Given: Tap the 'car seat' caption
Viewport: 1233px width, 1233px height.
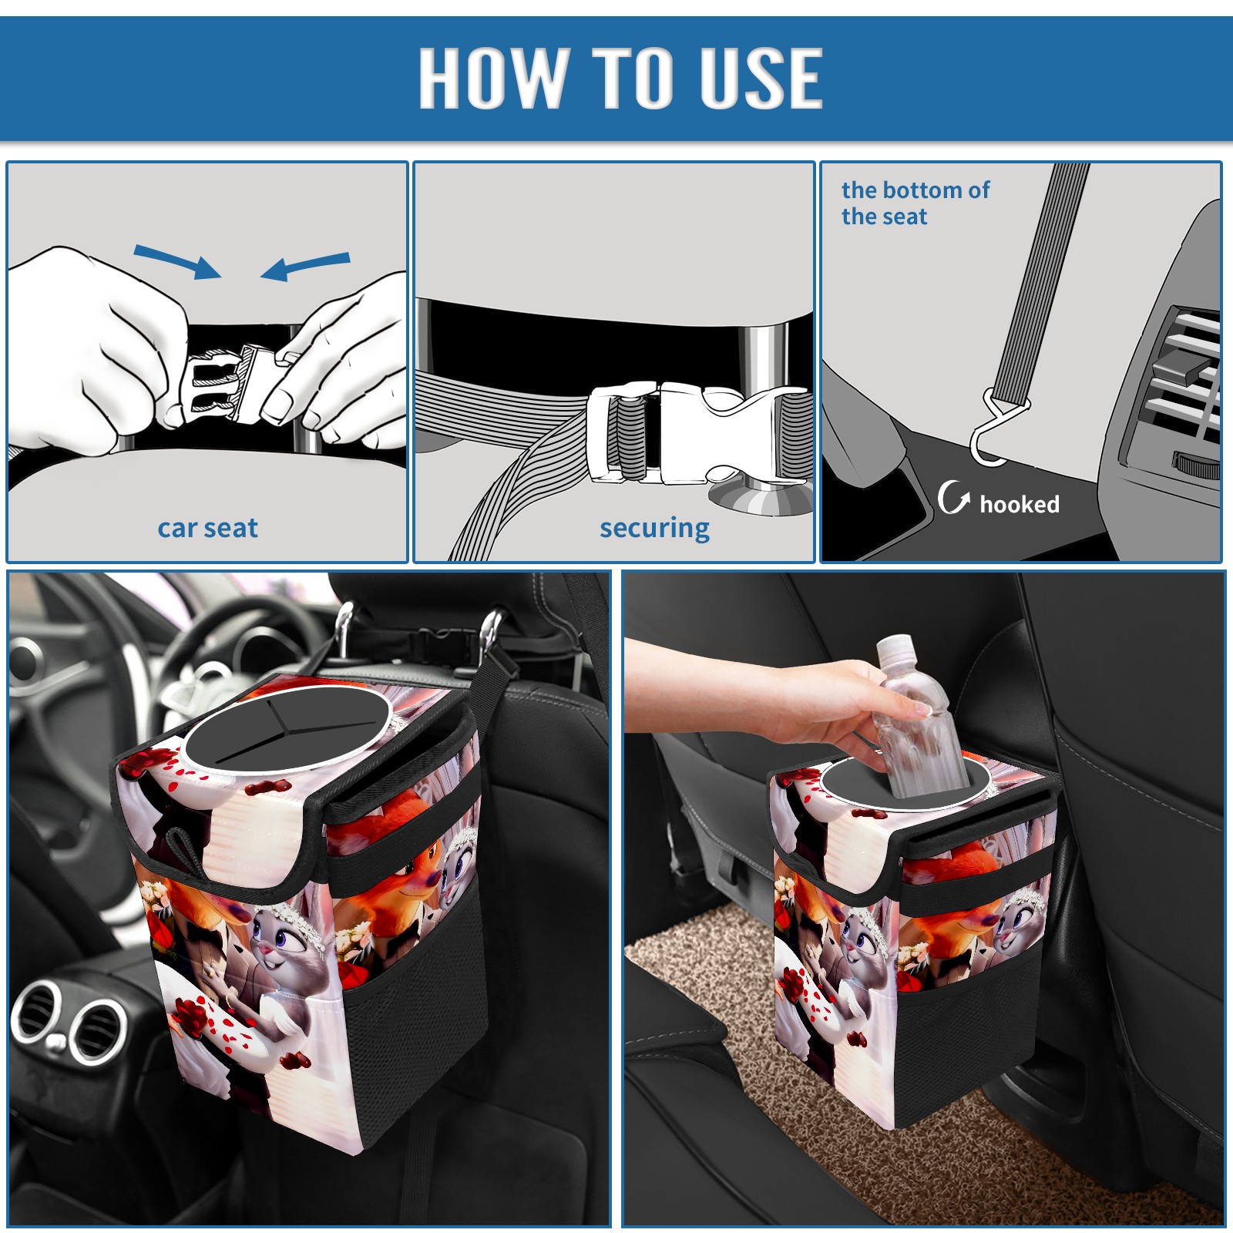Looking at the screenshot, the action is pos(207,528).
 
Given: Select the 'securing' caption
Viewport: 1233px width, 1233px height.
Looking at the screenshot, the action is pos(654,528).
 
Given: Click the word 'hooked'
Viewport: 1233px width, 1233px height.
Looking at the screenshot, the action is pos(1020,504).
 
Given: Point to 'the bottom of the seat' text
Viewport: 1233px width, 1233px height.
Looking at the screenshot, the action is pos(915,203).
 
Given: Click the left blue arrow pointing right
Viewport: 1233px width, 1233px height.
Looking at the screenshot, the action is pos(177,262).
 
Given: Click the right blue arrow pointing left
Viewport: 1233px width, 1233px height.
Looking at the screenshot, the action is pos(305,267).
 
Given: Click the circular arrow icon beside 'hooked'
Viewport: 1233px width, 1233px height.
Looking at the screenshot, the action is pos(953,497).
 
